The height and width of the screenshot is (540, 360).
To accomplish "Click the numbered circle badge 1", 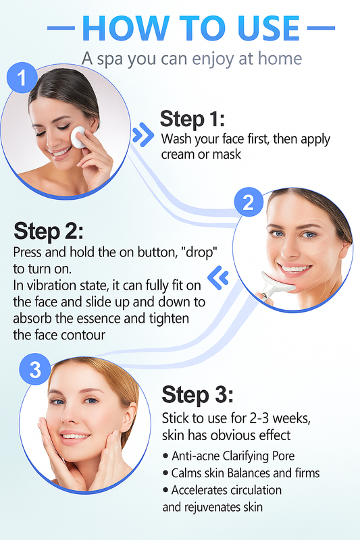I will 21,79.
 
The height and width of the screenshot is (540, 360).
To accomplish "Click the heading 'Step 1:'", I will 192,119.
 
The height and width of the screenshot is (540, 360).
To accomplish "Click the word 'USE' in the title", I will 259,28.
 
